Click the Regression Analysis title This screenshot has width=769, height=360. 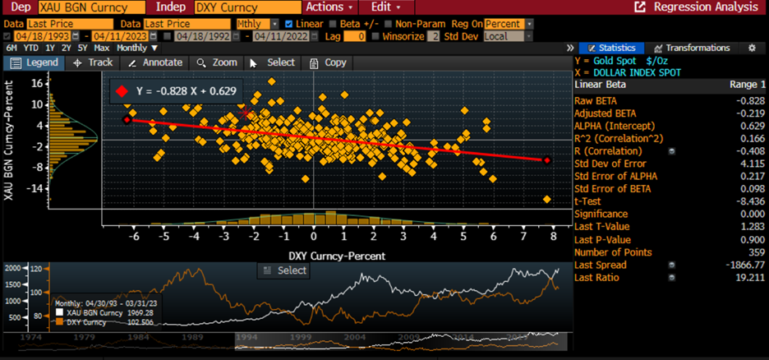coord(705,7)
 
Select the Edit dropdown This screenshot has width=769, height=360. coord(385,7)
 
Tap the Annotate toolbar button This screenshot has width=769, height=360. coord(156,62)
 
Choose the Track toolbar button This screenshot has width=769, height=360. coord(93,62)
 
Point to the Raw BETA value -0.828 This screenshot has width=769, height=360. coord(752,100)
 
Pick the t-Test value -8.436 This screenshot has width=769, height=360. coord(752,201)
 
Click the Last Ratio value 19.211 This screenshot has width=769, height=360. coord(751,277)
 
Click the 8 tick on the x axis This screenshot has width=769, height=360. coord(554,238)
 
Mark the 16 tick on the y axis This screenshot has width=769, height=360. coord(37,83)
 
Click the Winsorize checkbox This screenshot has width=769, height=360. coord(375,36)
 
